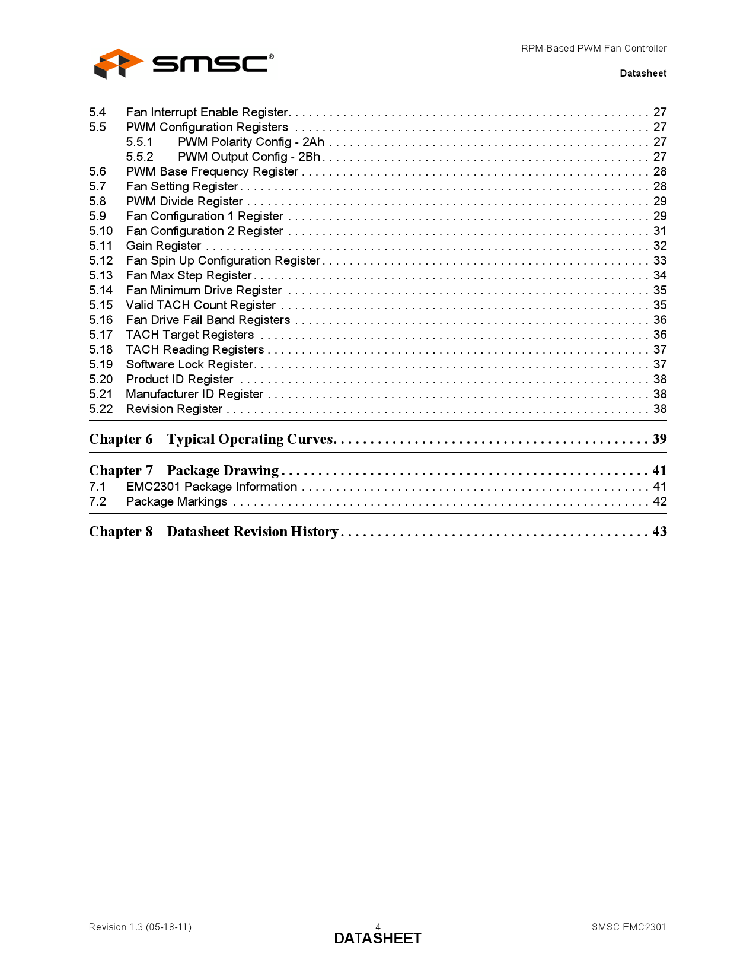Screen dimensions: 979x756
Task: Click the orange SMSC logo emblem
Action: (x=118, y=63)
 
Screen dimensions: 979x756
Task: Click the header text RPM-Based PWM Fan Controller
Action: (x=594, y=49)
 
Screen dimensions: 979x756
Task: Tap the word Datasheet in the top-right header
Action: (x=643, y=74)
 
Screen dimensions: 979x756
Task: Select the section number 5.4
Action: (x=97, y=112)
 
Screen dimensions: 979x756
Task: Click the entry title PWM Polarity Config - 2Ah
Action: (x=251, y=142)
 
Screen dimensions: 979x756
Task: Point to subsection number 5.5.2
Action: (x=139, y=157)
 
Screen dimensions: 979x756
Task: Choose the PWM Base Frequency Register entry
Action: (x=212, y=171)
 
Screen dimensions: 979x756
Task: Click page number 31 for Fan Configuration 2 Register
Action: (x=659, y=231)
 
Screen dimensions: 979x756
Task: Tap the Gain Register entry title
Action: (x=164, y=246)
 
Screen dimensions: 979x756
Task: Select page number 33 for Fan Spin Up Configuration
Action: (x=659, y=260)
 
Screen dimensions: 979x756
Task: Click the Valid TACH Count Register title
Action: (x=200, y=305)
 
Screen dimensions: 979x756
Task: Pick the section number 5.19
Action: (x=101, y=364)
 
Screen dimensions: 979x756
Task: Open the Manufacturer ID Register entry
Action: (x=194, y=394)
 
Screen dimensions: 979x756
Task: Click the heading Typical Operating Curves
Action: (x=250, y=439)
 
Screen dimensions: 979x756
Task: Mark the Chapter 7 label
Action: (x=121, y=471)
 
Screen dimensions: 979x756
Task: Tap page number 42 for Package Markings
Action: (x=659, y=501)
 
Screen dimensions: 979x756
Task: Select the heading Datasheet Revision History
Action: (x=253, y=532)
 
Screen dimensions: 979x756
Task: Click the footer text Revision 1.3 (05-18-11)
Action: (x=140, y=927)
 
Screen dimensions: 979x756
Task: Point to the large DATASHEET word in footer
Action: (x=378, y=939)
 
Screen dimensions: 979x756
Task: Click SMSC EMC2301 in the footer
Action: (x=629, y=927)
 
